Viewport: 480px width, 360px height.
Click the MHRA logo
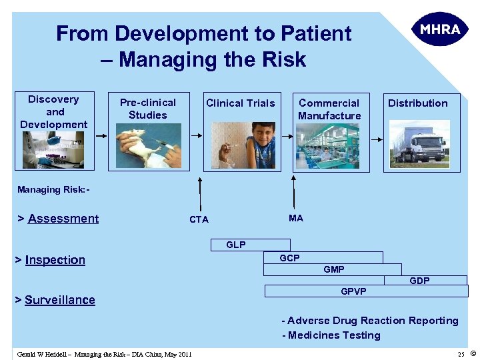pyautogui.click(x=440, y=30)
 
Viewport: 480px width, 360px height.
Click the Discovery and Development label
pyautogui.click(x=53, y=111)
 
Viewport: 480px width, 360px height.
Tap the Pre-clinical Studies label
pyautogui.click(x=147, y=109)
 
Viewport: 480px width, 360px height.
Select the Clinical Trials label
pyautogui.click(x=240, y=103)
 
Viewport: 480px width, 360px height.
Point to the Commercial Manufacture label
pyautogui.click(x=329, y=109)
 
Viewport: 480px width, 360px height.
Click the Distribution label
pyautogui.click(x=418, y=103)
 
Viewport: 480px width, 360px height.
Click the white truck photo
pyautogui.click(x=417, y=145)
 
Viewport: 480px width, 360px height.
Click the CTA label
pyautogui.click(x=199, y=219)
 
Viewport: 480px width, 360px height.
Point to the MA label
pyautogui.click(x=296, y=218)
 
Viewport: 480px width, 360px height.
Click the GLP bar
pyautogui.click(x=250, y=245)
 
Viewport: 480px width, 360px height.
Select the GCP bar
pyautogui.click(x=323, y=257)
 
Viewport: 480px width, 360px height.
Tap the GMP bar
pyautogui.click(x=333, y=269)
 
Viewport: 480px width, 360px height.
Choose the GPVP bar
pyautogui.click(x=366, y=291)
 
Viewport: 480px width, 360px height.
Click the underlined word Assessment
pyautogui.click(x=63, y=219)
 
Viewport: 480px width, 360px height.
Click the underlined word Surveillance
pyautogui.click(x=60, y=300)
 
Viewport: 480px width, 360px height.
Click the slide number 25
pyautogui.click(x=461, y=354)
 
